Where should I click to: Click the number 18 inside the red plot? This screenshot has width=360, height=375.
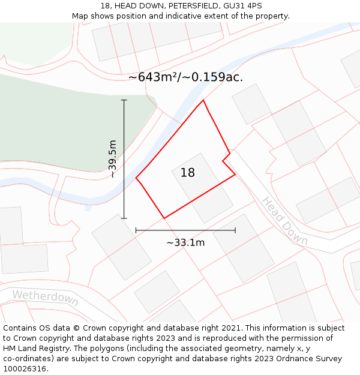point(187,173)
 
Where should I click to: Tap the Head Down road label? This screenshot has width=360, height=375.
point(284,221)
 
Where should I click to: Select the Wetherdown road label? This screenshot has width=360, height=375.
point(45,297)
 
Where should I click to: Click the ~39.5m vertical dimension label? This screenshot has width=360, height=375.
point(112,159)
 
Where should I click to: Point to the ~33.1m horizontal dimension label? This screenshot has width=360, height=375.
point(185,242)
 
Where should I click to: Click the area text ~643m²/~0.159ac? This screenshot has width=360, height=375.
point(185,77)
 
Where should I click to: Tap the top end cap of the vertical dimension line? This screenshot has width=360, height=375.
point(124,100)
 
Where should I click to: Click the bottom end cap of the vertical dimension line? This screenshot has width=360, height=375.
point(124,218)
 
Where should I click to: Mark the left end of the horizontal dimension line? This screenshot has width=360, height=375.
point(136,230)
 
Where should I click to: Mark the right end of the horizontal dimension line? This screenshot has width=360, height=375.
point(235,230)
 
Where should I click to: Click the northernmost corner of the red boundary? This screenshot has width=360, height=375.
point(203,100)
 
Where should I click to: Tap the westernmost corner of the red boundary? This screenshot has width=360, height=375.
point(136,178)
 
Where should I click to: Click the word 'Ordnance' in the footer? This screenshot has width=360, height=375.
point(300,359)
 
